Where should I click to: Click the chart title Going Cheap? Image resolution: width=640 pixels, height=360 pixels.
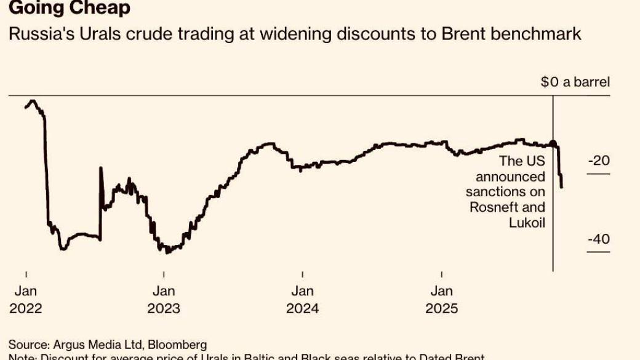[x=69, y=9]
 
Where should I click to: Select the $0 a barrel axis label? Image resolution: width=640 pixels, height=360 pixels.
[x=575, y=82]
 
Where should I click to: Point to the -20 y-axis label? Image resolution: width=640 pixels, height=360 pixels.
[x=598, y=161]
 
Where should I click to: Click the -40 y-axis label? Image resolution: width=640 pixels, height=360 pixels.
[x=598, y=239]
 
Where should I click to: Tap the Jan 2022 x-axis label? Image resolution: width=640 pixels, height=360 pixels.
[x=26, y=299]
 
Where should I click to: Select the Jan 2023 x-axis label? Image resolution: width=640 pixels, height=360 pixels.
[x=164, y=299]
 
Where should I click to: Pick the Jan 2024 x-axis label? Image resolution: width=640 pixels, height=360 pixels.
[x=303, y=299]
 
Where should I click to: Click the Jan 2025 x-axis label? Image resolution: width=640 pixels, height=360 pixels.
[x=442, y=299]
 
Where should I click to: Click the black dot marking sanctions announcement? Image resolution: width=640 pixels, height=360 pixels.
[x=553, y=144]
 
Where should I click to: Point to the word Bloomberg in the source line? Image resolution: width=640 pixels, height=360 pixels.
[x=179, y=345]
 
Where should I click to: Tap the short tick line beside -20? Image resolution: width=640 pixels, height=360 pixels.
[x=598, y=174]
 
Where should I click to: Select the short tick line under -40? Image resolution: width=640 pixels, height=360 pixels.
[x=598, y=252]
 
